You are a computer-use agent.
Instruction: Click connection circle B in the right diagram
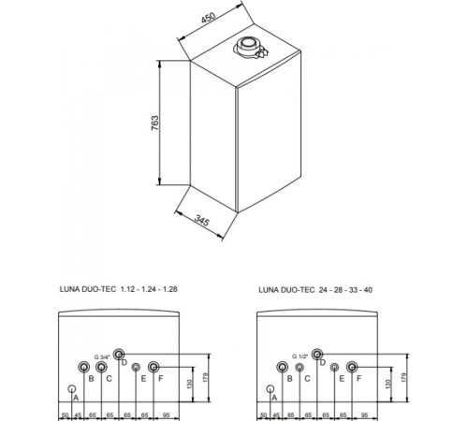[x=282, y=366]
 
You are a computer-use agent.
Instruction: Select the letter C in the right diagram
[x=300, y=378]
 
